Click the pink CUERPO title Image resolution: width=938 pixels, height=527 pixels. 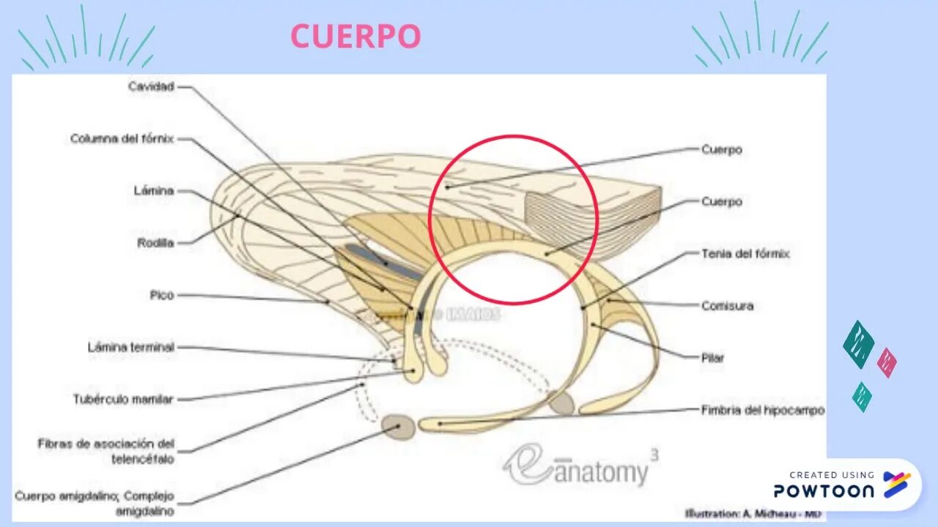(355, 37)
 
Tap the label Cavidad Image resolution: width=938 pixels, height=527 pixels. (151, 86)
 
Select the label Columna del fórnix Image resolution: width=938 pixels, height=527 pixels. (122, 138)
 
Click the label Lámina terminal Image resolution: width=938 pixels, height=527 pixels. (131, 348)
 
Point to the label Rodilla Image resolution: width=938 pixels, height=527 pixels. (155, 242)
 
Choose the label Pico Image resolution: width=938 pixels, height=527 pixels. (161, 295)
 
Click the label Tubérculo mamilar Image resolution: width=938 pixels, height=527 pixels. (123, 400)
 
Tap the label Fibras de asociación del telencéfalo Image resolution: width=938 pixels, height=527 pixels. (106, 451)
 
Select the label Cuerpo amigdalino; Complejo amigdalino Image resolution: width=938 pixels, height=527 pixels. (95, 504)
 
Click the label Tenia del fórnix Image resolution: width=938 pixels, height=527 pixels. (745, 254)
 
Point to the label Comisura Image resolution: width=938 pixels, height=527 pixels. (727, 306)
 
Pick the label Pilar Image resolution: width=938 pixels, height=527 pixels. (712, 358)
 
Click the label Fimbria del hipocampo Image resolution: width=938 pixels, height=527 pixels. (762, 410)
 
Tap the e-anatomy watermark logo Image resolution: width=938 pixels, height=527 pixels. (575, 466)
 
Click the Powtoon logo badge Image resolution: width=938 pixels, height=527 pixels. (843, 485)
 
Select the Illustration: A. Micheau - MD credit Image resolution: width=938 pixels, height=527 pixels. (752, 513)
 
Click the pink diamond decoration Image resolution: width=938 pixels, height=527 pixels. (887, 362)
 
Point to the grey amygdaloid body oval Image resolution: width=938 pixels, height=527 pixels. (398, 427)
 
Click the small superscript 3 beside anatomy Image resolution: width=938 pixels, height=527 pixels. (654, 455)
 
